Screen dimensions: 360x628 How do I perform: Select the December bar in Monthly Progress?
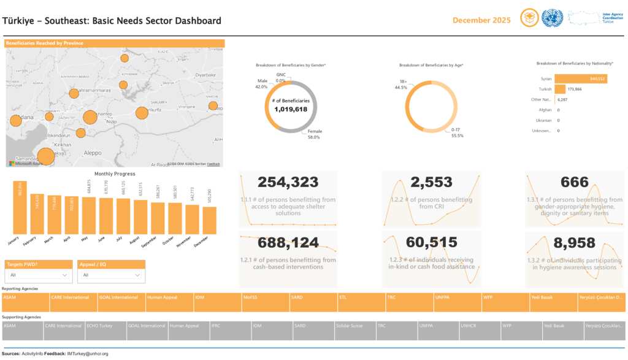click(210, 220)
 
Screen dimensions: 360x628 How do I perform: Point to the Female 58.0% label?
click(315, 134)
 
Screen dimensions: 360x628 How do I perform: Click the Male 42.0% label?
click(262, 84)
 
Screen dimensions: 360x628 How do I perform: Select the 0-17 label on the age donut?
click(456, 132)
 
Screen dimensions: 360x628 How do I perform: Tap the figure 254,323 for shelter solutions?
click(288, 182)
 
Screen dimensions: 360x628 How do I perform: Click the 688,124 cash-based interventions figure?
click(288, 243)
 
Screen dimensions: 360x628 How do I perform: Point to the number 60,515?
click(431, 243)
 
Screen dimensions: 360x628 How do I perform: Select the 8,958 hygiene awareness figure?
click(575, 243)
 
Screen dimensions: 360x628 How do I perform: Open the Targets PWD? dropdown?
click(38, 276)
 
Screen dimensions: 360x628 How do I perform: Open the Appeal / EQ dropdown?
click(111, 276)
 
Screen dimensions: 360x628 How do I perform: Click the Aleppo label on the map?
click(93, 152)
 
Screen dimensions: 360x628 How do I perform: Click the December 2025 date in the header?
click(481, 20)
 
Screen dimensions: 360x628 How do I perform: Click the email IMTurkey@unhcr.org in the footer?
click(88, 354)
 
